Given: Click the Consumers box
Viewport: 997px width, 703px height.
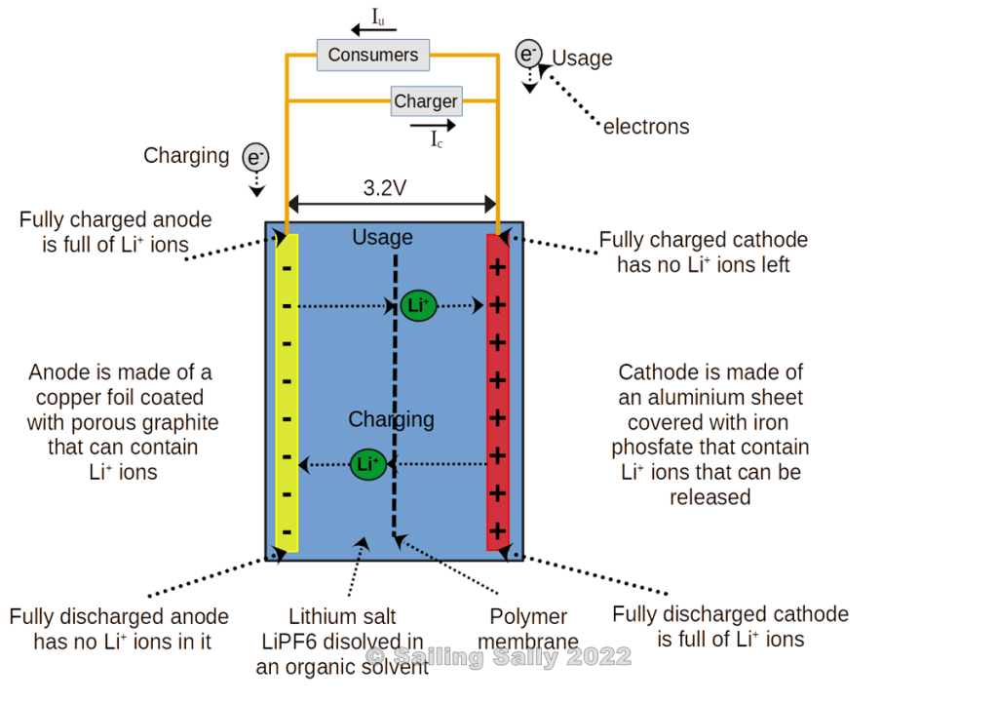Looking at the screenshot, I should tap(372, 55).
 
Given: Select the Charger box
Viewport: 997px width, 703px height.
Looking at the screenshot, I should tap(425, 100).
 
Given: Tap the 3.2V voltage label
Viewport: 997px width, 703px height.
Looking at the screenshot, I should tap(385, 188).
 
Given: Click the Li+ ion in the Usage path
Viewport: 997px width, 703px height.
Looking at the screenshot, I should tap(418, 305).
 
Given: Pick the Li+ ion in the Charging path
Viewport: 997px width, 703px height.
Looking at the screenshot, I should tap(368, 464).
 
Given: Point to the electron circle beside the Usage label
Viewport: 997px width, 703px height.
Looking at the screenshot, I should tap(528, 54).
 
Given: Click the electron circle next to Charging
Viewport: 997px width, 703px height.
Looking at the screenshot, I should tap(255, 157).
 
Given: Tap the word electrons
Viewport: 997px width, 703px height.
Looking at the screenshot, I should tap(646, 127).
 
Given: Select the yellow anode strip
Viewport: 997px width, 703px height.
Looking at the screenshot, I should tap(287, 390).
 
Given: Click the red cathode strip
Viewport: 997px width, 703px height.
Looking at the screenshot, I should tap(497, 390).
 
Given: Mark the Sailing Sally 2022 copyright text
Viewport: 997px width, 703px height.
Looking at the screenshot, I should tap(499, 656).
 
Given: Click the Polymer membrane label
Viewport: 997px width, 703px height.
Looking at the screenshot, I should tap(529, 629).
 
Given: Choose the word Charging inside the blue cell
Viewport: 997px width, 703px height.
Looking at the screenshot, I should tap(391, 419).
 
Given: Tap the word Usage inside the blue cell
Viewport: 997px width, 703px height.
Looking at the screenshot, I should tap(382, 237).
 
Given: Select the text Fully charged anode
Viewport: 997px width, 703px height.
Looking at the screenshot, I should tap(115, 220).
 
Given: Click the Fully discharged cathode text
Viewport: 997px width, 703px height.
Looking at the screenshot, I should tap(730, 614).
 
